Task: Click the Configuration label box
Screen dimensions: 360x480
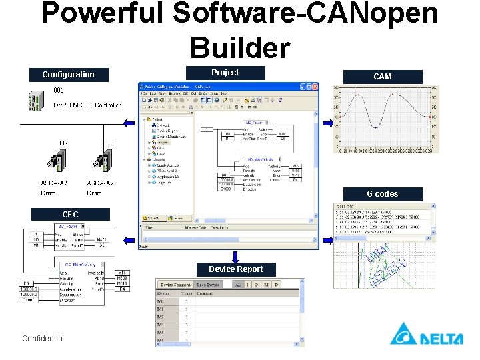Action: pos(68,75)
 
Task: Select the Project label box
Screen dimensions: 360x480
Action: pos(225,73)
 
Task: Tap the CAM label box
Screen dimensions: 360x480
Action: pos(382,77)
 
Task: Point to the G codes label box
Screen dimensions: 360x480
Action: pos(382,194)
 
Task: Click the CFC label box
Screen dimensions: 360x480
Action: pos(70,215)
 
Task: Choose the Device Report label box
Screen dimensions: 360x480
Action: pos(235,269)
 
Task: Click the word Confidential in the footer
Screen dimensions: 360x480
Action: pos(43,339)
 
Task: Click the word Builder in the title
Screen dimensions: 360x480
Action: pos(239,48)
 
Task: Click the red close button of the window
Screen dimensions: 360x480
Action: pos(314,87)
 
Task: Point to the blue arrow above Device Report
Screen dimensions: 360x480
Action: pos(235,256)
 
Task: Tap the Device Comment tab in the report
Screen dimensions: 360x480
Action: pos(175,285)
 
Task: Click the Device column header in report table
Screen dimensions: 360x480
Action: pos(164,293)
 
